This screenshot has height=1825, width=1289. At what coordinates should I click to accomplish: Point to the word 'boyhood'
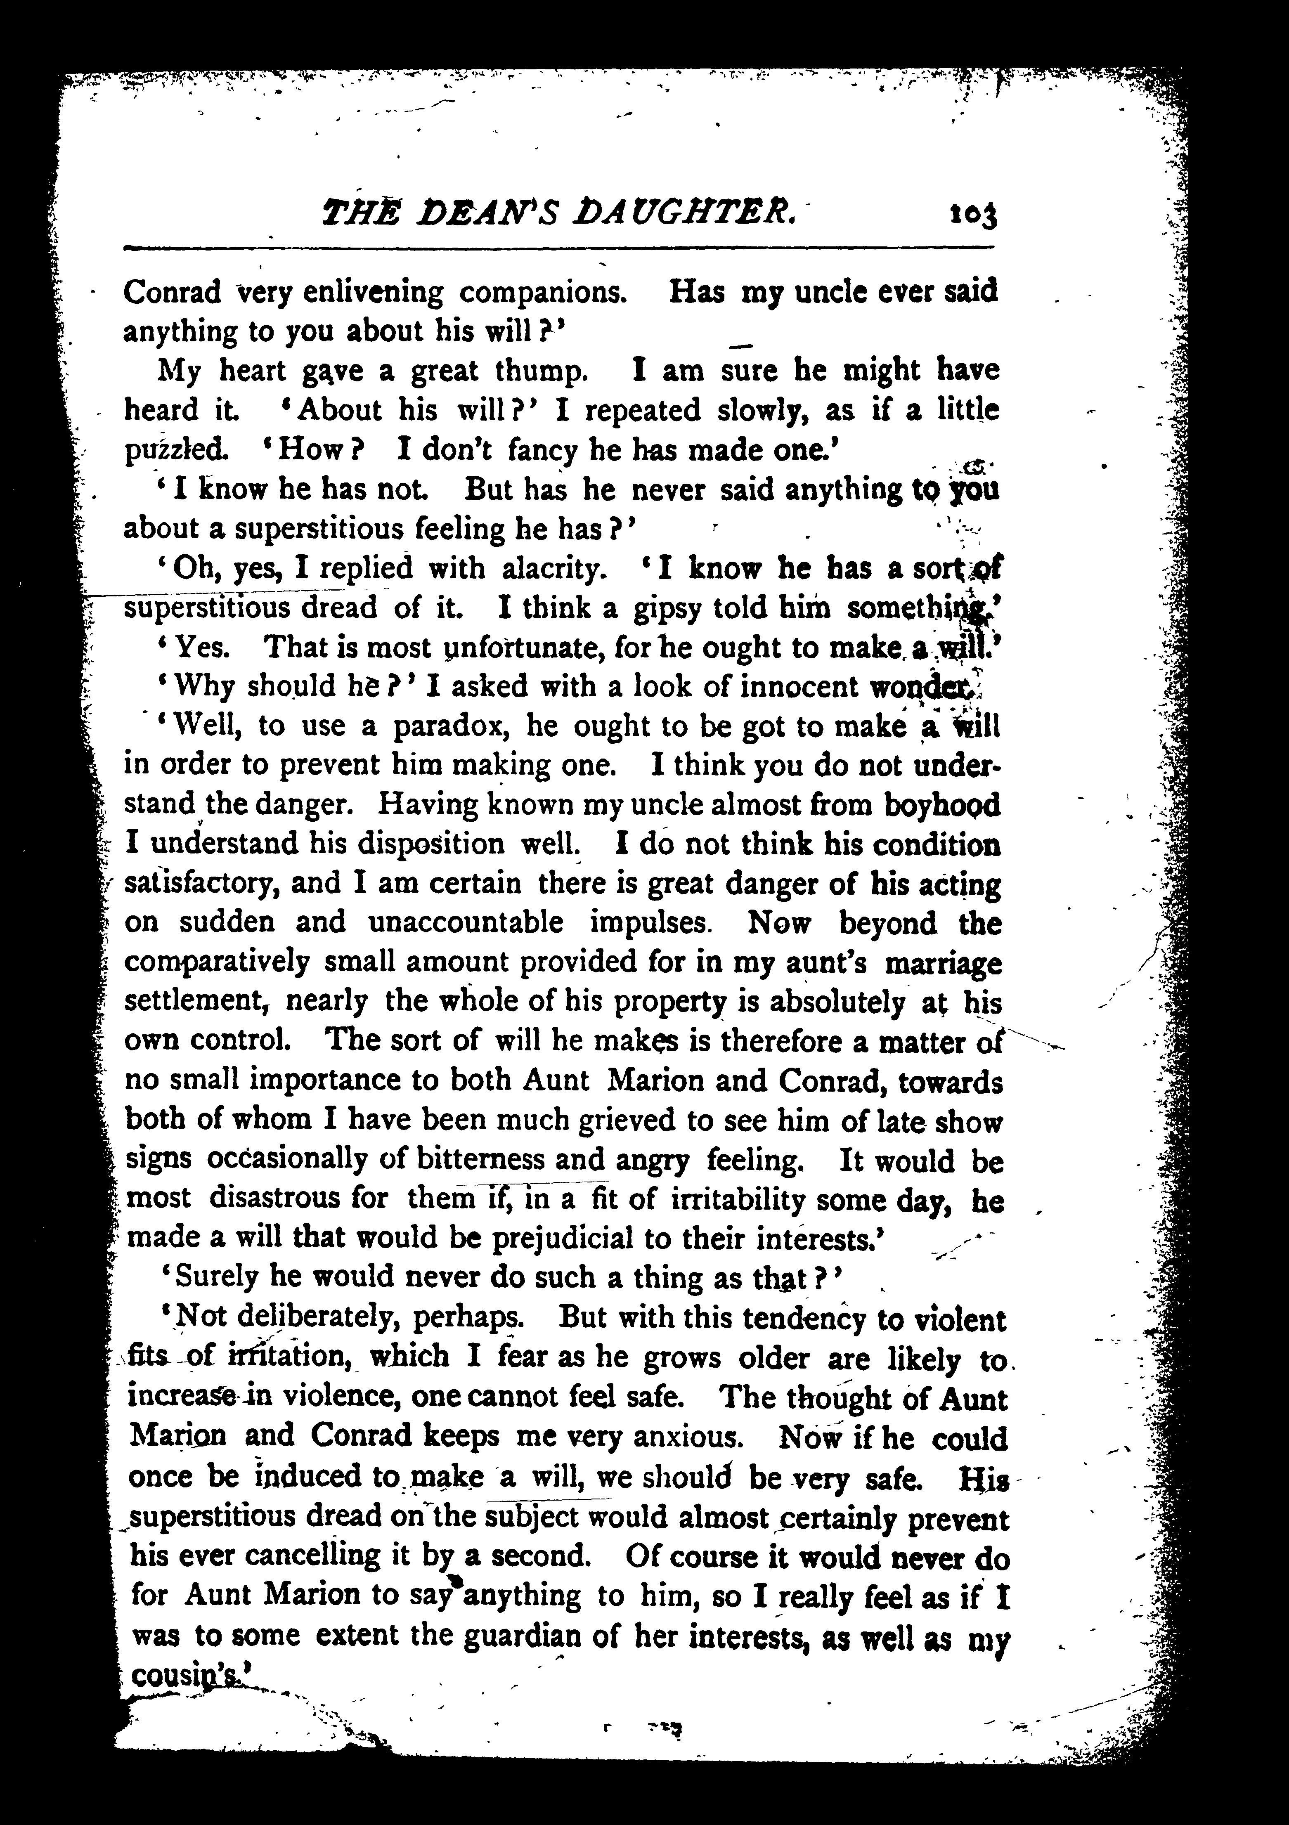(x=943, y=805)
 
